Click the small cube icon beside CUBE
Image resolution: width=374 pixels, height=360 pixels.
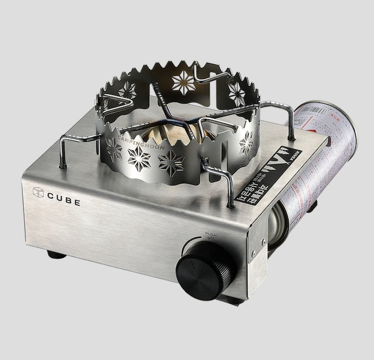(38, 193)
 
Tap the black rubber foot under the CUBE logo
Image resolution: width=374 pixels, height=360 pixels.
(56, 254)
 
